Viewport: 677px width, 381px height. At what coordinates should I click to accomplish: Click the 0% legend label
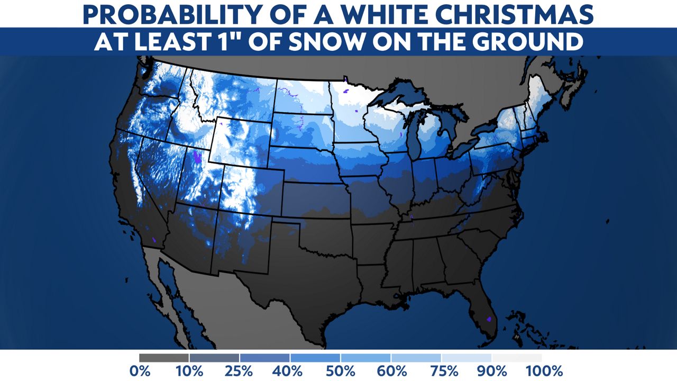coord(140,370)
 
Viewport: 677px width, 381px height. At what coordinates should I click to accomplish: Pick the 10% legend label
coord(189,370)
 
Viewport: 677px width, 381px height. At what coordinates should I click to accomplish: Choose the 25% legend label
coord(240,370)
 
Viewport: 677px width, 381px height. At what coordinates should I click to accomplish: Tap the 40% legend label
coord(290,370)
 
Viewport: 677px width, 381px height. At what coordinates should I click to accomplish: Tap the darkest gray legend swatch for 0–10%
coord(164,358)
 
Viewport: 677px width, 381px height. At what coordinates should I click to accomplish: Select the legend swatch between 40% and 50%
coord(315,358)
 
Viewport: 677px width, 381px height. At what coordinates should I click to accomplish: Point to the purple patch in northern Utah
coord(198,157)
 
